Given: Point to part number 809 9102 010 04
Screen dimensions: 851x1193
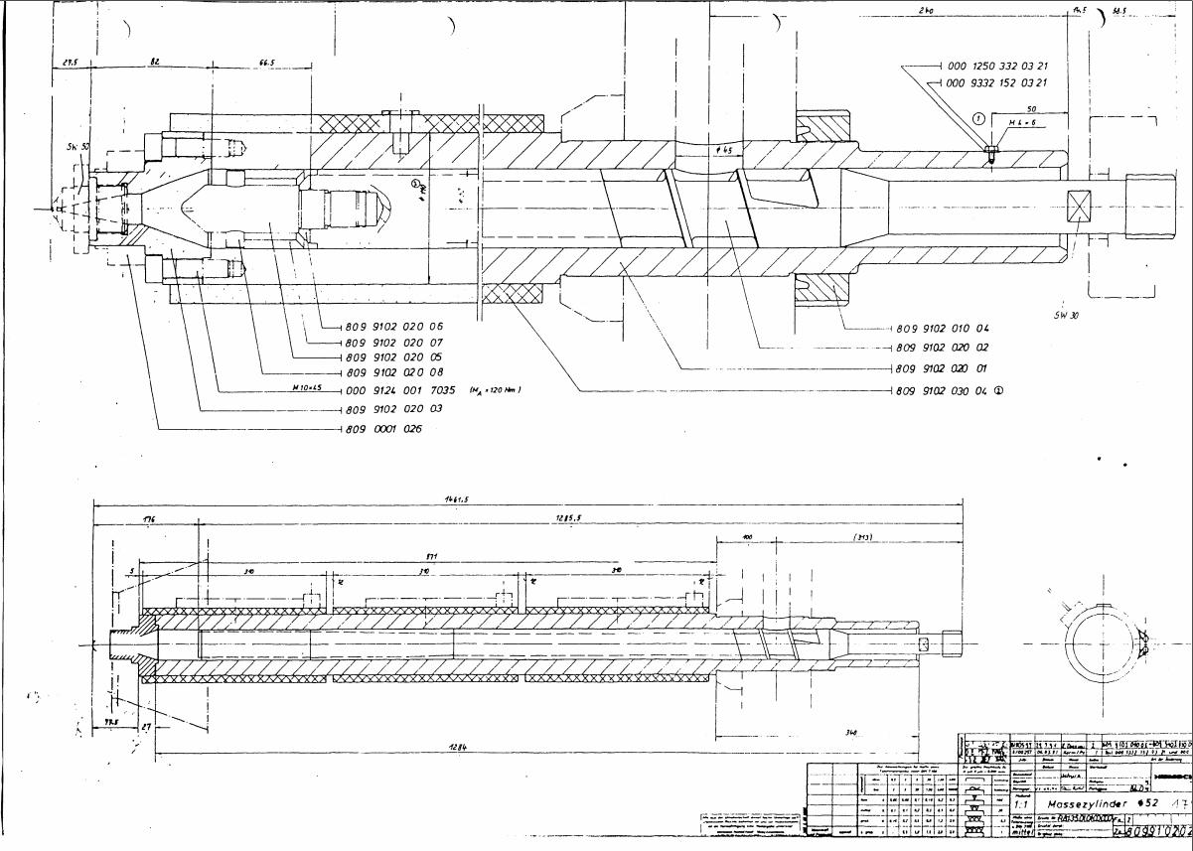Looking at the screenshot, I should pos(943,328).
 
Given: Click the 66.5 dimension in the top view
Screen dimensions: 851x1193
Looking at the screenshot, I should pos(267,62).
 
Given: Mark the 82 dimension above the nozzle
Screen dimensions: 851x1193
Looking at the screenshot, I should pos(155,62).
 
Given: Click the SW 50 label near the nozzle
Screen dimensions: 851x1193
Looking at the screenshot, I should pos(77,147).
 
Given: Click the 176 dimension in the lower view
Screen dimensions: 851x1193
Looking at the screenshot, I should pos(149,519).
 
